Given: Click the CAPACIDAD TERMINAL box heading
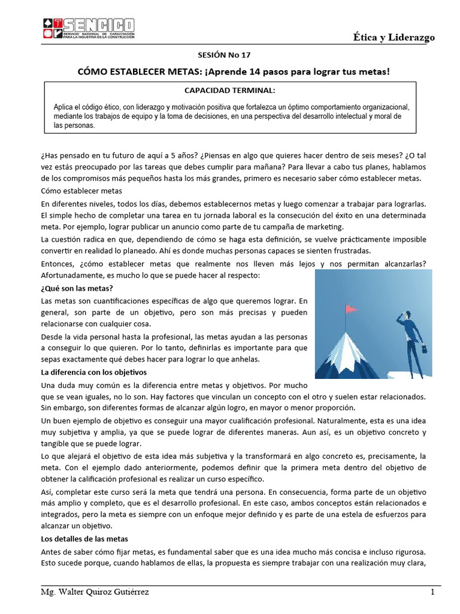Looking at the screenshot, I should (x=230, y=91).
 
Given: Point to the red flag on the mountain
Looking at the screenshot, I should (x=351, y=309).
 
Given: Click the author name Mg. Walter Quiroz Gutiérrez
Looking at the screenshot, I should (x=95, y=592).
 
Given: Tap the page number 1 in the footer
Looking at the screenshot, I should (x=432, y=592).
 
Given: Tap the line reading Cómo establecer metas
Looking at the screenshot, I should (x=81, y=191).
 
